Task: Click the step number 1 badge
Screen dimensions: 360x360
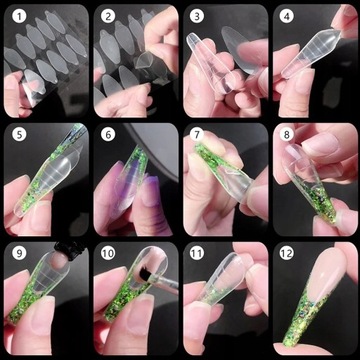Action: (18, 17)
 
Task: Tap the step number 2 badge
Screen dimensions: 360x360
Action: (108, 17)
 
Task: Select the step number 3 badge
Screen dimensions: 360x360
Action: (197, 17)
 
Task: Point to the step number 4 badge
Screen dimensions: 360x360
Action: (287, 17)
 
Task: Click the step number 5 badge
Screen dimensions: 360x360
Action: (18, 135)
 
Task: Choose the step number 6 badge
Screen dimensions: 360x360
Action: (108, 135)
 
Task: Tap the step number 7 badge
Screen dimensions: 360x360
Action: (197, 135)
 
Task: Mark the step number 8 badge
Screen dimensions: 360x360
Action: (287, 135)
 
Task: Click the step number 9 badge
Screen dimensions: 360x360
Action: (18, 253)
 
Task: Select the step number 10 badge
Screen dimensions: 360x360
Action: (108, 253)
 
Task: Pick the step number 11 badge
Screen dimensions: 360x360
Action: (197, 253)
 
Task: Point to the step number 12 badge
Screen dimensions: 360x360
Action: (287, 253)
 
